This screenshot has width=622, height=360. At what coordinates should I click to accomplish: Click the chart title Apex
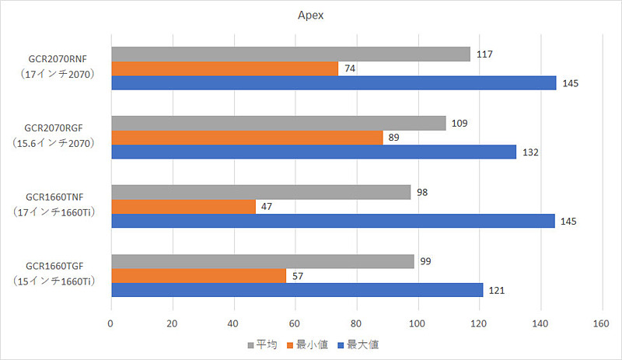click(310, 15)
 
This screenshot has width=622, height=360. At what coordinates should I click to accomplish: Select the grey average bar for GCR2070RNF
click(291, 54)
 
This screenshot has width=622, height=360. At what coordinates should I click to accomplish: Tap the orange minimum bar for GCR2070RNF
click(225, 68)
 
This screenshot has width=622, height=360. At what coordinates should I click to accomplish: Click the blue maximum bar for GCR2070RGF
click(313, 152)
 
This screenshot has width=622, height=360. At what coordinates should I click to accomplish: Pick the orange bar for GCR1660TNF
click(183, 207)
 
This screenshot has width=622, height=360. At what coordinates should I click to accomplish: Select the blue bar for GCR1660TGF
click(297, 290)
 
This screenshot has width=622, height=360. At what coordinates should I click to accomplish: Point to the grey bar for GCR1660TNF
click(261, 192)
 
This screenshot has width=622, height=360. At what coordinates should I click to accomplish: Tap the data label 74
click(350, 68)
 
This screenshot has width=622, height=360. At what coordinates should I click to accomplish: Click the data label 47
click(267, 207)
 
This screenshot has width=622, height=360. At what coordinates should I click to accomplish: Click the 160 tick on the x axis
click(600, 322)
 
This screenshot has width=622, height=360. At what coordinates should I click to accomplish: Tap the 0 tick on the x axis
click(111, 322)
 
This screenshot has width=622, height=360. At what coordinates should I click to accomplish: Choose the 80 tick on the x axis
click(356, 322)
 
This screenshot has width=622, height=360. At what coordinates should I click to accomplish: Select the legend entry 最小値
click(308, 343)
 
